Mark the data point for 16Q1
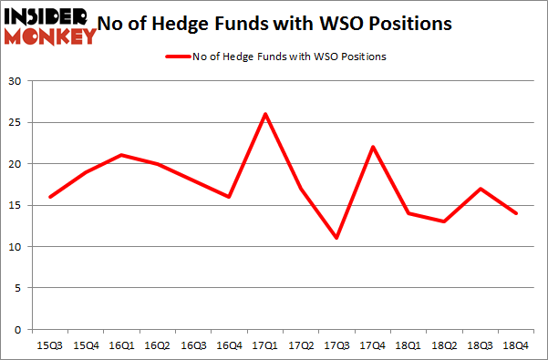tap(121, 155)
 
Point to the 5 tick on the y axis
tap(17, 288)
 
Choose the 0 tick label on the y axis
tap(17, 330)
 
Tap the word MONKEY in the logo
tap(51, 36)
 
